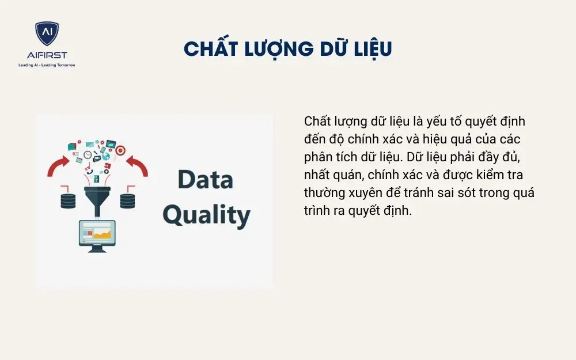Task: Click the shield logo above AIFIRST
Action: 47,34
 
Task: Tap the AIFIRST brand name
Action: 47,55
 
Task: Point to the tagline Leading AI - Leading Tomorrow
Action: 47,65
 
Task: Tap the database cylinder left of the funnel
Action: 69,200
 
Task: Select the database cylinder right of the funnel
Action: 127,200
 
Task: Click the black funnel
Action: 97,199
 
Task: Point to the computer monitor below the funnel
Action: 97,234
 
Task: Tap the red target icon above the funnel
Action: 120,150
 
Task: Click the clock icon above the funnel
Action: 88,155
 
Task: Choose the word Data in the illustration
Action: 205,180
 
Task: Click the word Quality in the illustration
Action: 206,214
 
